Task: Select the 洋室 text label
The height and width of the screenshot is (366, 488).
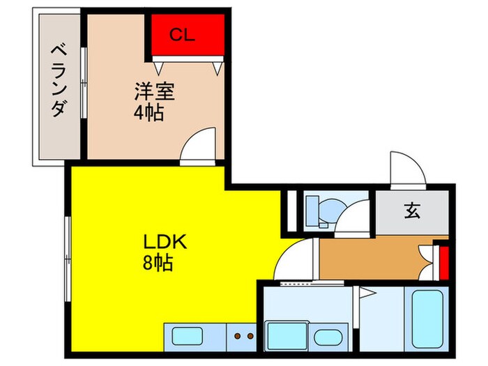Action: [153, 91]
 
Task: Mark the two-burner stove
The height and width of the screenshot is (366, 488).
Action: [243, 337]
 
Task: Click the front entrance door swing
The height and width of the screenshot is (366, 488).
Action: [406, 169]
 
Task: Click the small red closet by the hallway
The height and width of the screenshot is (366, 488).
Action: [441, 259]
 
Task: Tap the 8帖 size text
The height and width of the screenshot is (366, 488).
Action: [159, 264]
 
